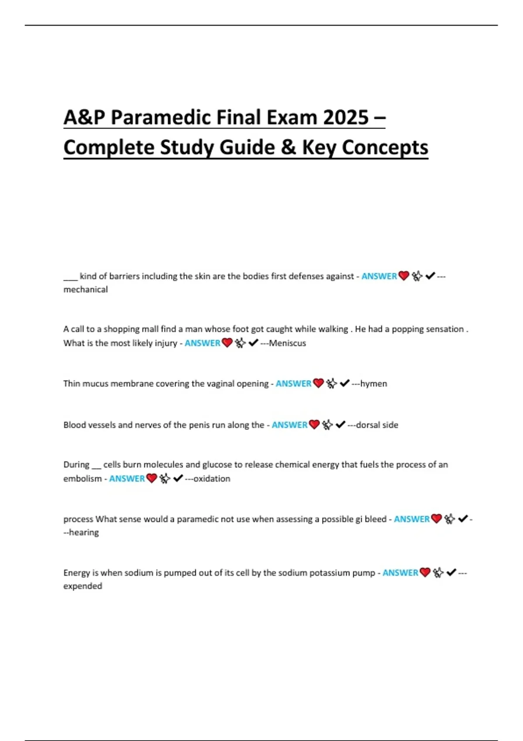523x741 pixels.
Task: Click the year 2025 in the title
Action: [346, 117]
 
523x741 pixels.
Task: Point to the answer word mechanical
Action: [85, 289]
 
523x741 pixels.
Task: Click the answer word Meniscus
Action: [287, 343]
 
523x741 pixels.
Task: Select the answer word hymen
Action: [374, 384]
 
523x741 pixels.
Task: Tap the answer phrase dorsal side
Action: [377, 425]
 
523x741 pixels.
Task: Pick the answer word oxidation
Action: [212, 479]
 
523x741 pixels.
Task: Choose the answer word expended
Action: [83, 586]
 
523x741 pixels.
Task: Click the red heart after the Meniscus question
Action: [227, 343]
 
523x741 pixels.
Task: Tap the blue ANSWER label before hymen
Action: [293, 384]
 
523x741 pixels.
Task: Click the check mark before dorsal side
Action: [341, 425]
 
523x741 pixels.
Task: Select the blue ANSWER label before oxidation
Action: [127, 479]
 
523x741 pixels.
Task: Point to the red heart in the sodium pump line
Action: [425, 572]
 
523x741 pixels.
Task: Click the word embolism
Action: [82, 479]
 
